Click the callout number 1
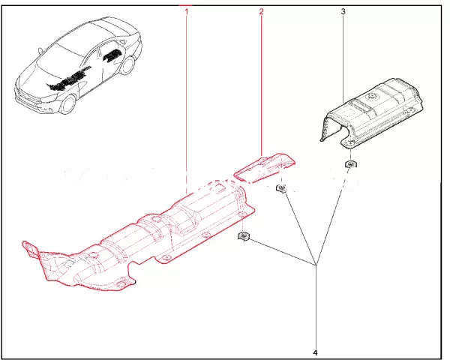187,12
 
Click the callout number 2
261,12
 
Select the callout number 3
343,12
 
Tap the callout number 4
316,352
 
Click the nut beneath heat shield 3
349,164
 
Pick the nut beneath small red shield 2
281,188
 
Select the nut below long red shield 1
244,236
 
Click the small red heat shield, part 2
264,168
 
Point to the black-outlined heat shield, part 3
372,113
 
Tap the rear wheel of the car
127,66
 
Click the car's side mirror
40,50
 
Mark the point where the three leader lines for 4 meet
316,265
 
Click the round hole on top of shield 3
370,97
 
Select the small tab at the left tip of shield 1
30,247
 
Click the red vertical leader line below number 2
261,86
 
